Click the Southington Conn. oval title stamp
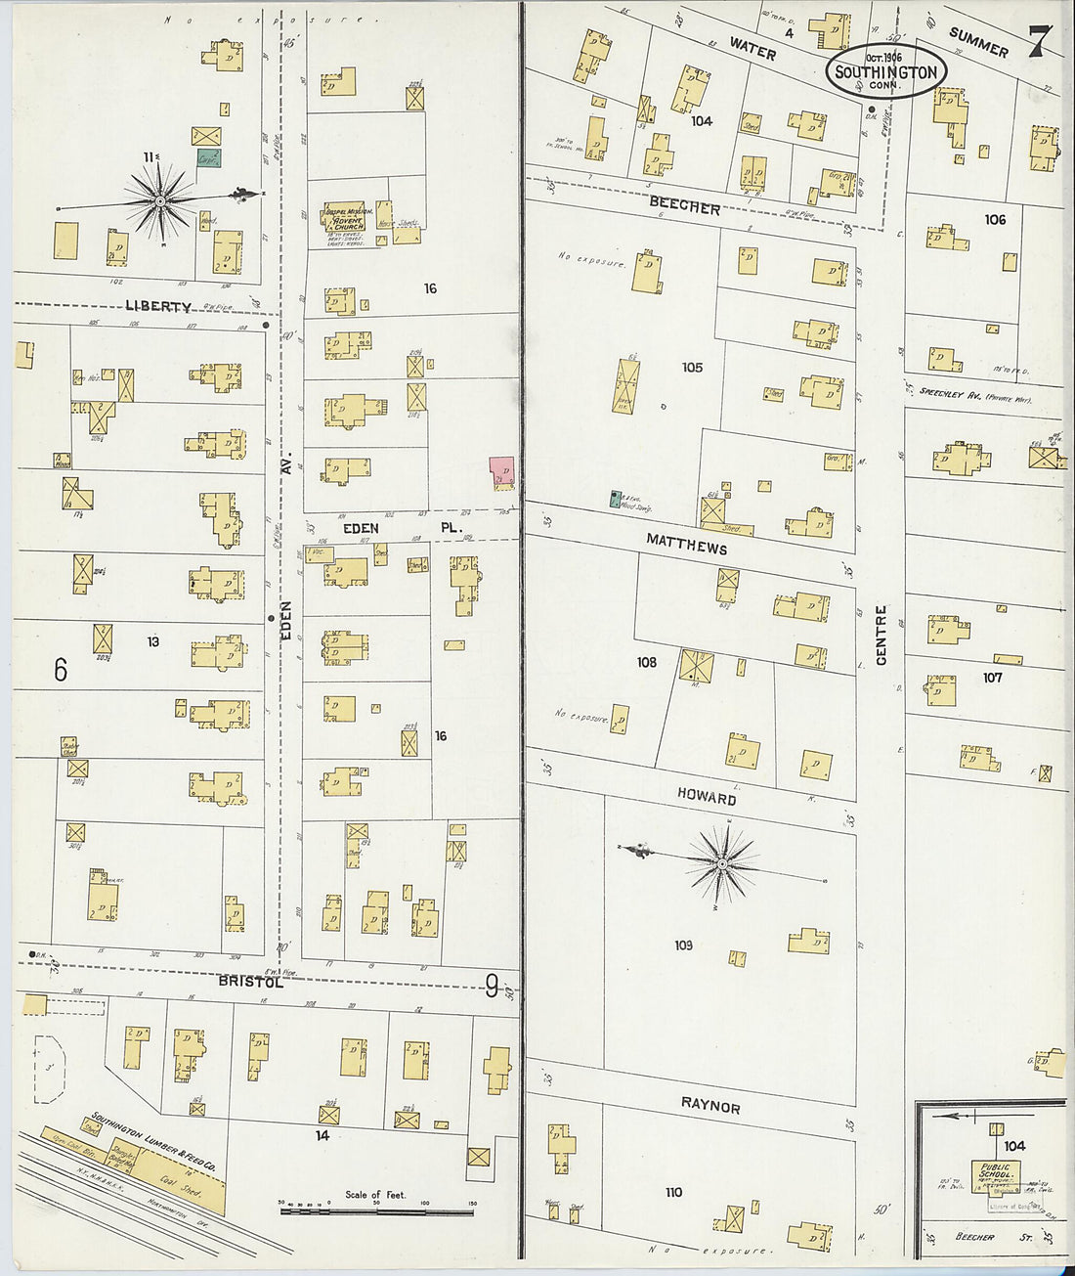(x=885, y=71)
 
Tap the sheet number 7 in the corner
(x=1040, y=40)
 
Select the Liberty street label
(x=158, y=306)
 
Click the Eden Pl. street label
(x=401, y=528)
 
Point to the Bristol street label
(x=250, y=981)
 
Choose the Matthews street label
(x=686, y=544)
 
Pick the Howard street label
(x=707, y=797)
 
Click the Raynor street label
(x=710, y=1105)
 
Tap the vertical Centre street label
(x=881, y=635)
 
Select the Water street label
(x=752, y=48)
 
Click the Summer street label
(x=978, y=42)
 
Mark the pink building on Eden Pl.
(x=502, y=473)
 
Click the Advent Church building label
(x=346, y=222)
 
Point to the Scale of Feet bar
(x=376, y=1210)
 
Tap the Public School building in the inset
(x=995, y=1174)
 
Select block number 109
(x=683, y=945)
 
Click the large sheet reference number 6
(x=61, y=670)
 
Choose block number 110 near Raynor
(x=673, y=1192)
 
